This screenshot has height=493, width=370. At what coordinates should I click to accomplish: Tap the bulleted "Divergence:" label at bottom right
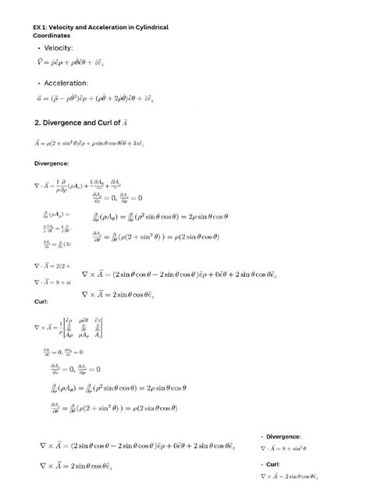tap(283, 436)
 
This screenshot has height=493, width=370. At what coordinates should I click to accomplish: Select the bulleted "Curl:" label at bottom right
tap(274, 465)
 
